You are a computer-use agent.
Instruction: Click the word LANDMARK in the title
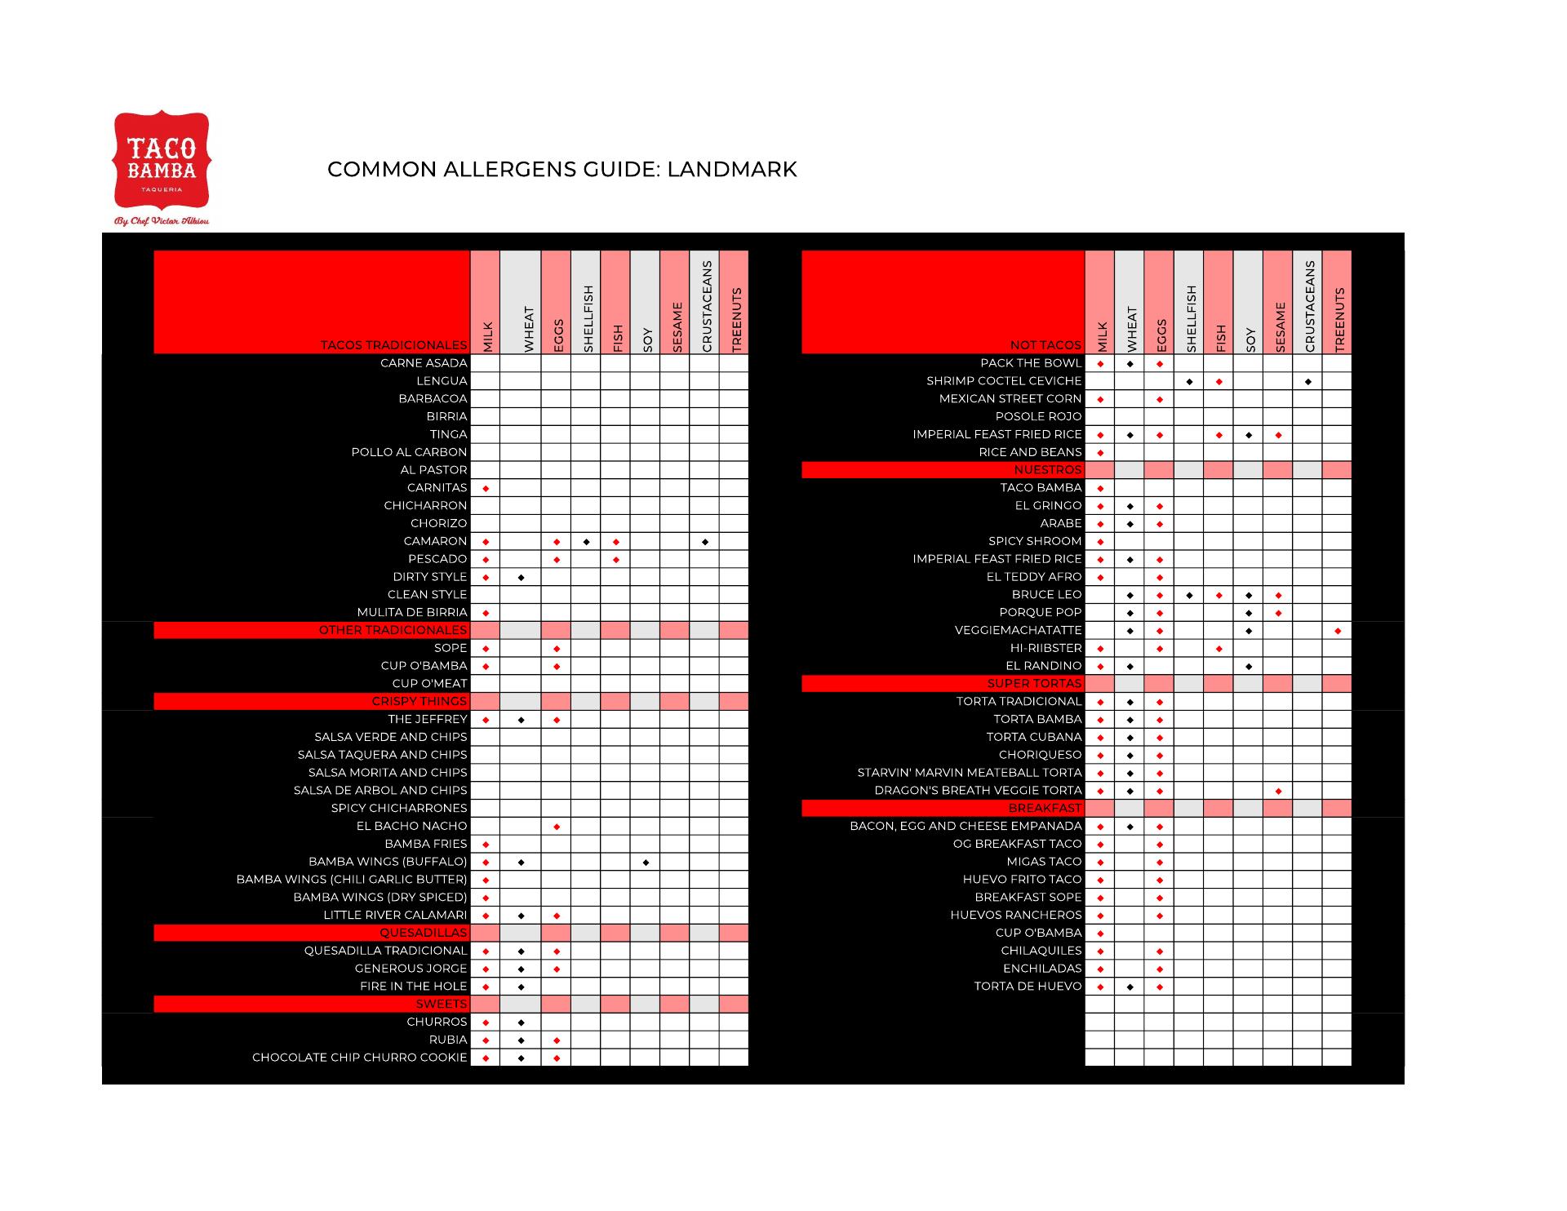pyautogui.click(x=731, y=169)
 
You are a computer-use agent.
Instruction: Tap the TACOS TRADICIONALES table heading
pyautogui.click(x=393, y=345)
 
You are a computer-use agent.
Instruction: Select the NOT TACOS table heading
pyautogui.click(x=1045, y=345)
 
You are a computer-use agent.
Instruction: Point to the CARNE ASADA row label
pyautogui.click(x=424, y=363)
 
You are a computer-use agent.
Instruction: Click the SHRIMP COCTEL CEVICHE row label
pyautogui.click(x=1004, y=381)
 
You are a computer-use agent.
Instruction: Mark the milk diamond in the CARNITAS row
pyautogui.click(x=486, y=488)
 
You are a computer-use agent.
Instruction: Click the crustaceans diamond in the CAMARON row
pyautogui.click(x=704, y=542)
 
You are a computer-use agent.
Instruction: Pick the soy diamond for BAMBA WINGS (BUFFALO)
pyautogui.click(x=646, y=862)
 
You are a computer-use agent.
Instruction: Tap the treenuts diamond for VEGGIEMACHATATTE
pyautogui.click(x=1338, y=631)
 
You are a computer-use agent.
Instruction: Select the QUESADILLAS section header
pyautogui.click(x=423, y=933)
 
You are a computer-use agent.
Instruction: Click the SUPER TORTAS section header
pyautogui.click(x=1034, y=684)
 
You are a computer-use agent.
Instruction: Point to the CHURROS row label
pyautogui.click(x=437, y=1022)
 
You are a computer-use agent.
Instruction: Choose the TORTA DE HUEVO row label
pyautogui.click(x=1028, y=987)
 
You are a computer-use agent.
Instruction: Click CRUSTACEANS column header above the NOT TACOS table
pyautogui.click(x=1308, y=306)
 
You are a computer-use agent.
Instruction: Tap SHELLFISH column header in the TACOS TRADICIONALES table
pyautogui.click(x=587, y=318)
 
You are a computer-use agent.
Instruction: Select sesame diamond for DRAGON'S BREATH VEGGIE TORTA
pyautogui.click(x=1278, y=791)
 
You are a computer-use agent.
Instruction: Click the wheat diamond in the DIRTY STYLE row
pyautogui.click(x=522, y=578)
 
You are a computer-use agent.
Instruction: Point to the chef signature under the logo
pyautogui.click(x=161, y=220)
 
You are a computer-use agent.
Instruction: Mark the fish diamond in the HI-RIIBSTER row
pyautogui.click(x=1219, y=649)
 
